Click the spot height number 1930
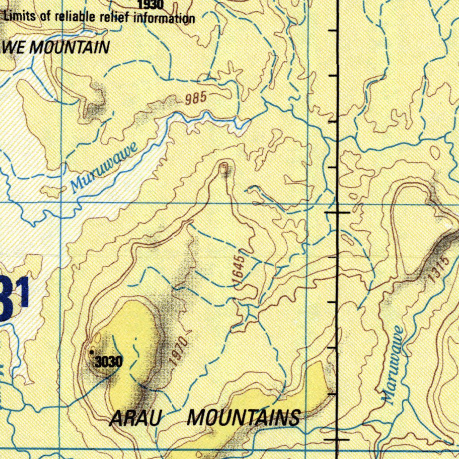click(x=150, y=5)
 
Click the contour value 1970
click(x=178, y=351)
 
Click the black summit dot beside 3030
click(x=92, y=353)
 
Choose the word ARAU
click(x=135, y=419)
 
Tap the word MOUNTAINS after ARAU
click(x=243, y=418)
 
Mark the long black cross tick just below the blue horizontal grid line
click(x=337, y=212)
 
